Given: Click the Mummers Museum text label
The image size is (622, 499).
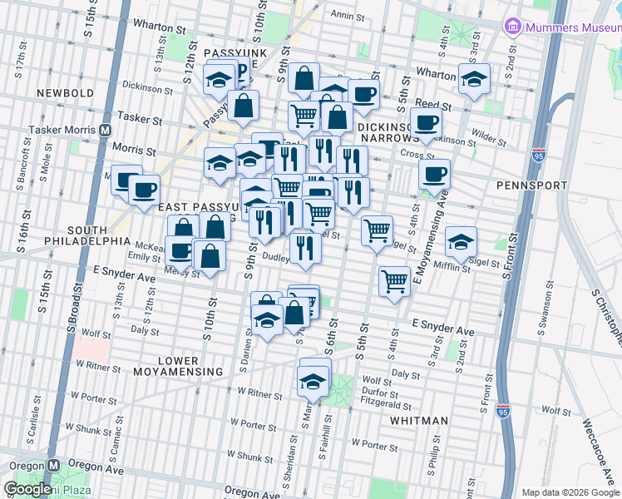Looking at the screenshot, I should [x=571, y=27].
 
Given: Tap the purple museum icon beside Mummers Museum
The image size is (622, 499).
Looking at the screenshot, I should [x=512, y=27].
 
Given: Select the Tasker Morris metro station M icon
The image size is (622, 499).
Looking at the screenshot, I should [x=106, y=130].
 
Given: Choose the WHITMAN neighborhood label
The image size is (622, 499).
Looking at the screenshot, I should [x=420, y=421].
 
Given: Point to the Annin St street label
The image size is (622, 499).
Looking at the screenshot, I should [x=343, y=15].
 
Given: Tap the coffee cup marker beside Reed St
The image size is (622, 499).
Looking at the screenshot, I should [x=427, y=124].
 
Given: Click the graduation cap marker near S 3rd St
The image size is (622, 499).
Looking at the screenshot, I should [x=474, y=81].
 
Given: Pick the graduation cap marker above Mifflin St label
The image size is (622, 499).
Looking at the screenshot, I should [x=461, y=241].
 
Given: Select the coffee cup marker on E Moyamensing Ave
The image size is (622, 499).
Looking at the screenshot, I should [x=435, y=175].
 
